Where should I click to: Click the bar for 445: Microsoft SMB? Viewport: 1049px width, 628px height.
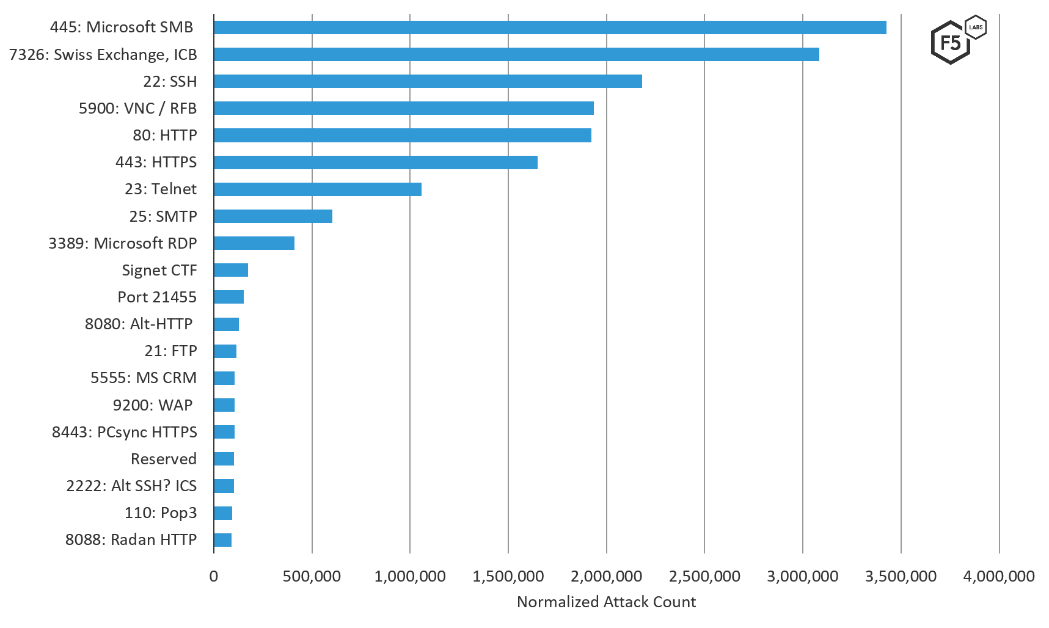click(550, 27)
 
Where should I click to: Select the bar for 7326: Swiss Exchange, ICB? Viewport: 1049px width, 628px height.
click(516, 54)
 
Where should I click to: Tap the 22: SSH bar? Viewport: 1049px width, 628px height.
click(428, 81)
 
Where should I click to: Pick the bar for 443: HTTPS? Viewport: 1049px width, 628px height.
click(376, 162)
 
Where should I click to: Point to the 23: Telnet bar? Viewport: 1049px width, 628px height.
click(318, 189)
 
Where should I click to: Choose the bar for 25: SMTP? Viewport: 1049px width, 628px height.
click(273, 216)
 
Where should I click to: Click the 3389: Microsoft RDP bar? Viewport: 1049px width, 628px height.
click(254, 243)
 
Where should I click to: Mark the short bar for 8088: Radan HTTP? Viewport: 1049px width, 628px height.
click(223, 540)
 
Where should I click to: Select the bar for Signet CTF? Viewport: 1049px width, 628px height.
click(231, 270)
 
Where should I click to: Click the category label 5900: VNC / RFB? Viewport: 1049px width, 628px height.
click(137, 109)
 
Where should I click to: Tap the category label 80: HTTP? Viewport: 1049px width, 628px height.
click(165, 135)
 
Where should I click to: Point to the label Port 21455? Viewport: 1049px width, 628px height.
click(157, 298)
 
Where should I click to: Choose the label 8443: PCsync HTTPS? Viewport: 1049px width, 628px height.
click(124, 433)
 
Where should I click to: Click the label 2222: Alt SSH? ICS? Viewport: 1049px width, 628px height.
click(131, 486)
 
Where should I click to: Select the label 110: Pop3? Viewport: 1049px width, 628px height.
click(161, 513)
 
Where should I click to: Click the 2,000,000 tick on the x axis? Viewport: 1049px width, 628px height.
click(606, 576)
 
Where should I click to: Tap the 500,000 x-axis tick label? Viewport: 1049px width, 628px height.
click(312, 576)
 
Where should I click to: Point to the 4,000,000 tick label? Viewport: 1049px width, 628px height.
click(999, 576)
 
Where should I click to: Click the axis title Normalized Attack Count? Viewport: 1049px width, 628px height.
click(606, 602)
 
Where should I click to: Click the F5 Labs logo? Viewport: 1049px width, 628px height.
click(957, 40)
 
